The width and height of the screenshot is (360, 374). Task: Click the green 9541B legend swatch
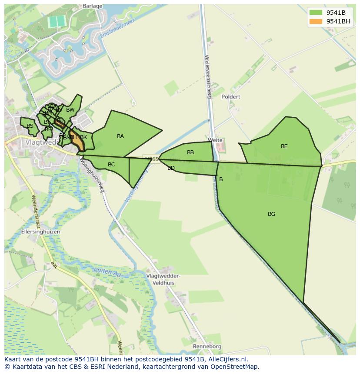click(316, 13)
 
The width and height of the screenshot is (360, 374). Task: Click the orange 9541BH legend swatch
click(316, 21)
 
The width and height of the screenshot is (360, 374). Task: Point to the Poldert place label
click(230, 97)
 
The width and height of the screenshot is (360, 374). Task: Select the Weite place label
click(215, 140)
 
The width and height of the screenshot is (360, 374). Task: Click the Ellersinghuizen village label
click(40, 232)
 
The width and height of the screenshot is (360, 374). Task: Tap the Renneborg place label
click(207, 347)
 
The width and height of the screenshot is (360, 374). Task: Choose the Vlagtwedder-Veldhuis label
click(163, 279)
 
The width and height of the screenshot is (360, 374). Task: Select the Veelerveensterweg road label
click(207, 76)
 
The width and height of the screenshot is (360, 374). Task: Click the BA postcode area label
click(120, 136)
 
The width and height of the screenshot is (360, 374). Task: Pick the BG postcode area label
click(271, 214)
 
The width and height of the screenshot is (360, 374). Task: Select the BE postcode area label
click(284, 146)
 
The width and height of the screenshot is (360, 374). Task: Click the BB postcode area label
click(190, 152)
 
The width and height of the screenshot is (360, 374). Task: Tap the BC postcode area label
click(111, 165)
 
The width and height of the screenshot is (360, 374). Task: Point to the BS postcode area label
click(30, 126)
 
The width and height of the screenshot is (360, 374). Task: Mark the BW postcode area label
click(70, 110)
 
